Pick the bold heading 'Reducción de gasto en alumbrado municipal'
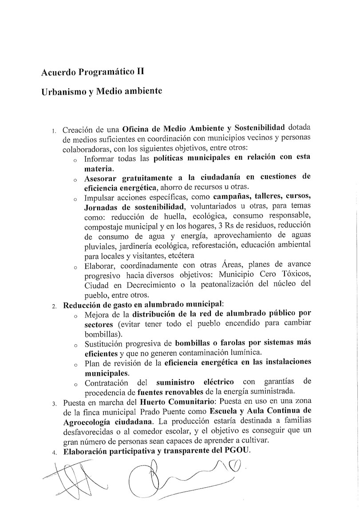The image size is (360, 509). point(143,305)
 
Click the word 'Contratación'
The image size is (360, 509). point(107,382)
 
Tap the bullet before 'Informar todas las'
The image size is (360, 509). point(75,159)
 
